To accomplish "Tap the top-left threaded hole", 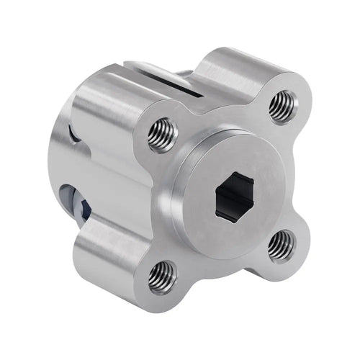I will (x=163, y=135).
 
